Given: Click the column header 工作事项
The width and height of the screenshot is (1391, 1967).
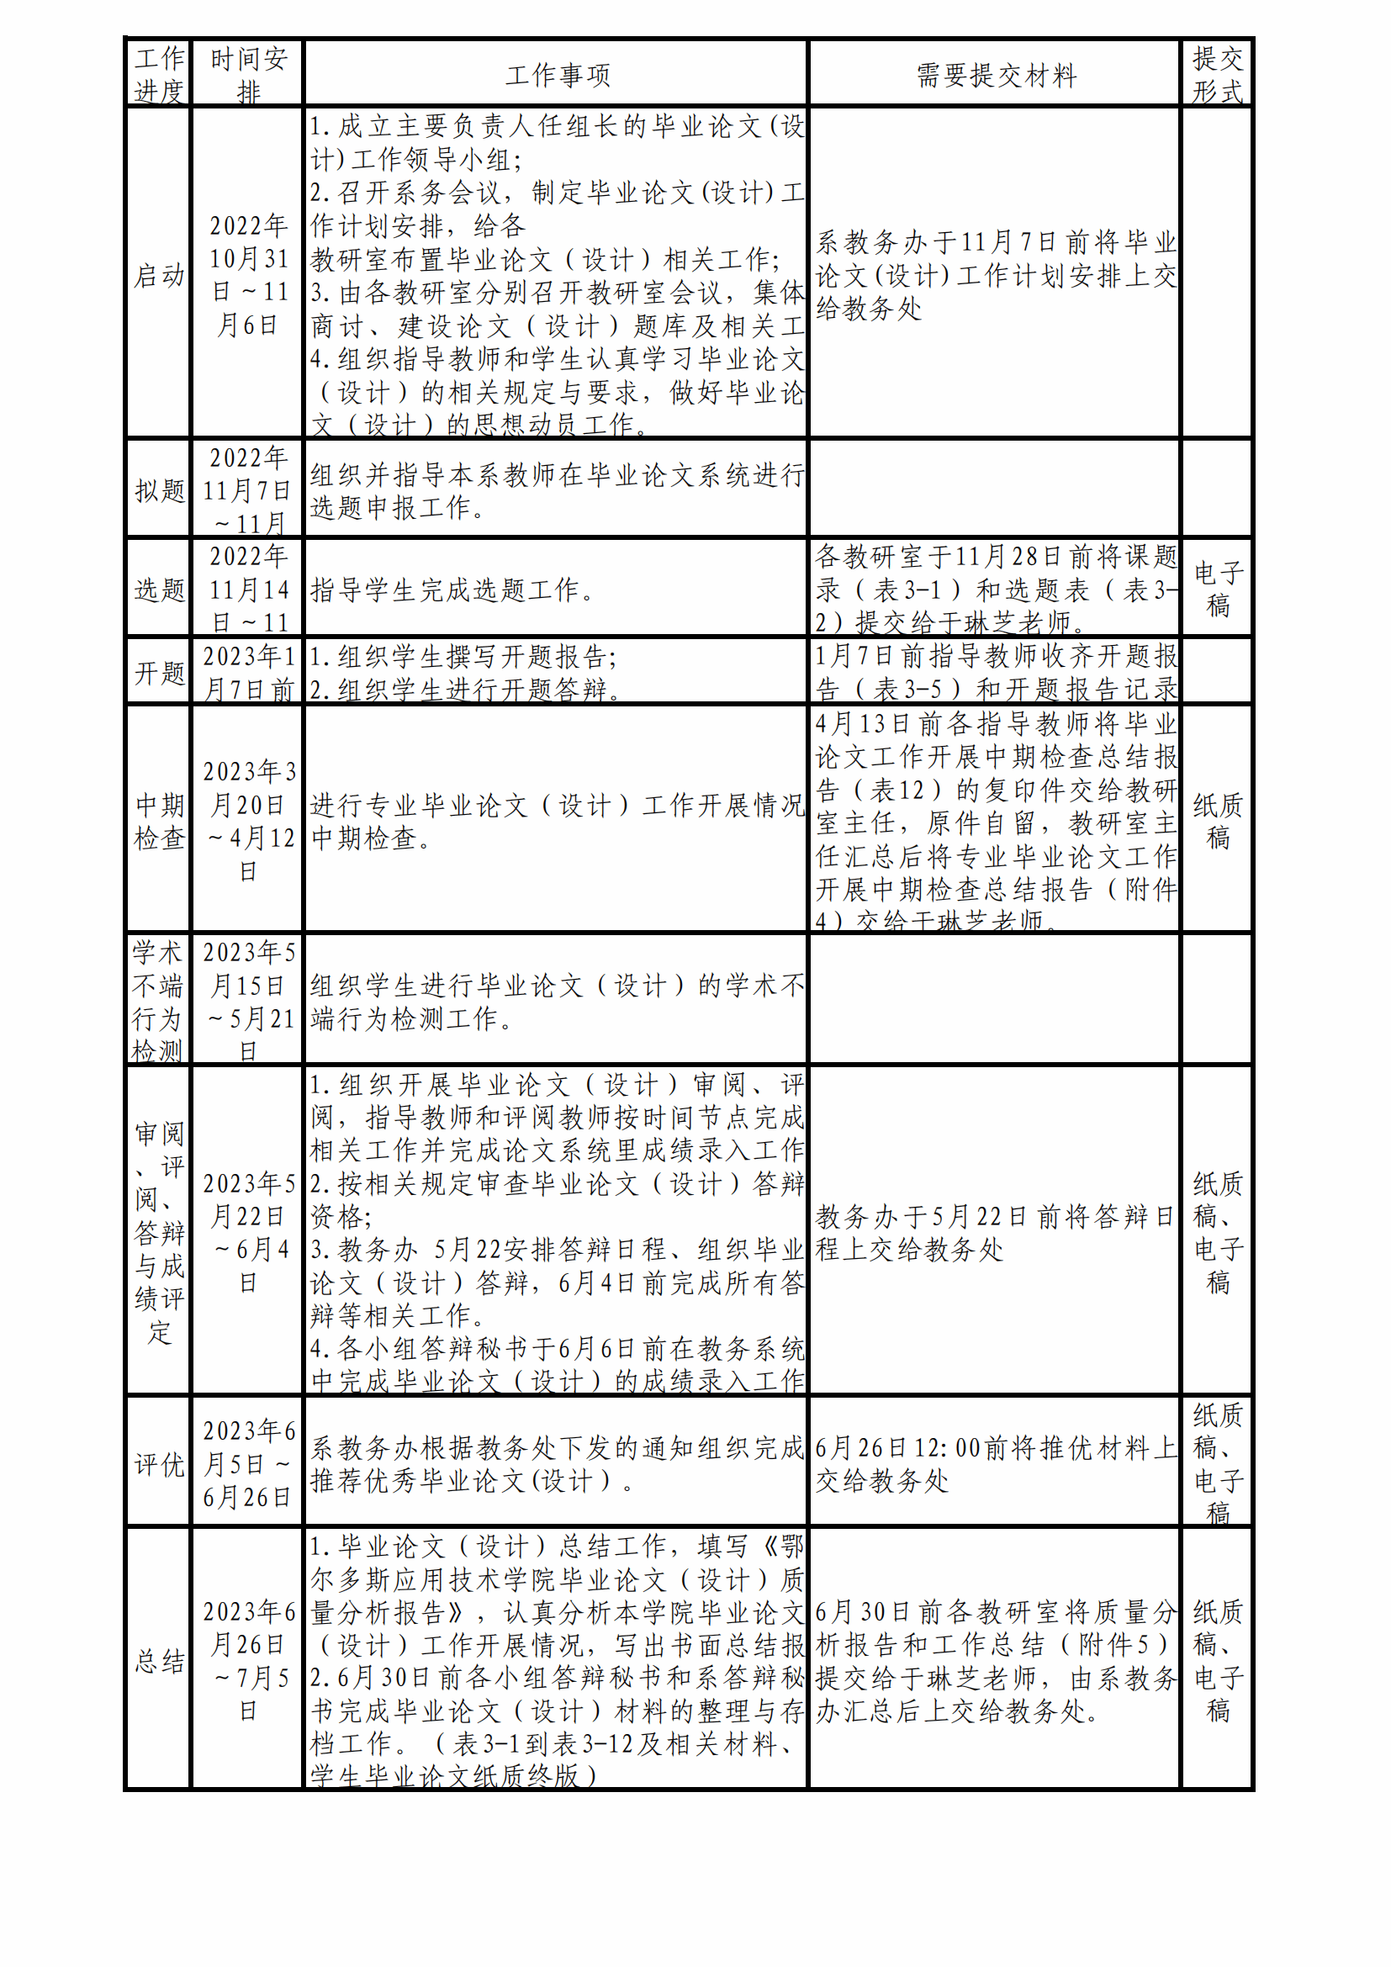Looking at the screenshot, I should (557, 76).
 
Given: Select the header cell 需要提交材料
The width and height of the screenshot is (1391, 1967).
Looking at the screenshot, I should (995, 76).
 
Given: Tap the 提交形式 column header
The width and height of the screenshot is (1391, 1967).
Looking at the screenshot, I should (1217, 75).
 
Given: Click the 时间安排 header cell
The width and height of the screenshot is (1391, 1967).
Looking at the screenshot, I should (248, 75).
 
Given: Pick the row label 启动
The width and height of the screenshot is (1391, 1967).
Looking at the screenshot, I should (159, 275).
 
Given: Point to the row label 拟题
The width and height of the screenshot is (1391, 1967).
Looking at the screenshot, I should (159, 491).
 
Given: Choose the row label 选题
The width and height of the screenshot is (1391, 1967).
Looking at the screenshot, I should (159, 590).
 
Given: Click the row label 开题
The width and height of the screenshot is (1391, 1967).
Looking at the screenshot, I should (159, 673).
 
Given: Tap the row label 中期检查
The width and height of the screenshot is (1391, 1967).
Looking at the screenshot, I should (159, 821).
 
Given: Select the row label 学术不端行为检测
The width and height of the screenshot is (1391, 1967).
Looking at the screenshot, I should (157, 1001).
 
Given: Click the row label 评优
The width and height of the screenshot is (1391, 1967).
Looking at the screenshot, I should (159, 1464).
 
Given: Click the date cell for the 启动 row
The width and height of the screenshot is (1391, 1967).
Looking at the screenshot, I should (248, 275).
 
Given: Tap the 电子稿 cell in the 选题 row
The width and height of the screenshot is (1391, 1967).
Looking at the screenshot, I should (1217, 589).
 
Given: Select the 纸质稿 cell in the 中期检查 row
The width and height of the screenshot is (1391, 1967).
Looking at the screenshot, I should (1217, 821).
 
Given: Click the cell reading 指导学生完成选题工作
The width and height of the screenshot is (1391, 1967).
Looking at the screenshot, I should (452, 590).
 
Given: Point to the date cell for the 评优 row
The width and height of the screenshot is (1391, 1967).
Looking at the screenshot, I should (248, 1464).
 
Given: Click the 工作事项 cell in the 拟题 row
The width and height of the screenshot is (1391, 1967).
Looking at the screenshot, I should (557, 491).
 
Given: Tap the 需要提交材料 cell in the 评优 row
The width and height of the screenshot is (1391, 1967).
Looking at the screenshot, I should (995, 1464).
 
